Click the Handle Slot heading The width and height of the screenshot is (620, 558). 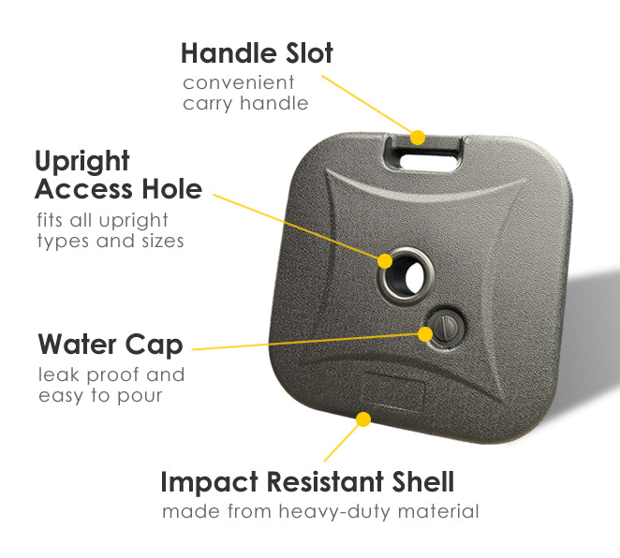coord(257,53)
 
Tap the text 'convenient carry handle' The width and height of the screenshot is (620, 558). coord(245,93)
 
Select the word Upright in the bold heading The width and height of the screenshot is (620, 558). coord(82,162)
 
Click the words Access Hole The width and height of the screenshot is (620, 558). coord(119,189)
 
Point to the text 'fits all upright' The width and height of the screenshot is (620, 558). coord(102,221)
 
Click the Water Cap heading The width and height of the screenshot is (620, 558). coord(111,345)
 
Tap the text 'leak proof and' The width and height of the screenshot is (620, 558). coord(111,374)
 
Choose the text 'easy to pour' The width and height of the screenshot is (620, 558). coord(100,396)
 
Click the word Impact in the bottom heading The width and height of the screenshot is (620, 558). coord(210,482)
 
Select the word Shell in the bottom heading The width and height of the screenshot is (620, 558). coord(423,482)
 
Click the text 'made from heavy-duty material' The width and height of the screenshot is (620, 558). coord(320,511)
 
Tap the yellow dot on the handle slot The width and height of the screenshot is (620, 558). coord(418,138)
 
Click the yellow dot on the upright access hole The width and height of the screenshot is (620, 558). coord(385,261)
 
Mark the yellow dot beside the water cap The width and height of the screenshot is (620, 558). coord(425,334)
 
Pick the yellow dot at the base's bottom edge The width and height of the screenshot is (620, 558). coord(363,419)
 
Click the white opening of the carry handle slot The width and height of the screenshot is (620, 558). coord(428,162)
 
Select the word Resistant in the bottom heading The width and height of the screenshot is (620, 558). coord(325,482)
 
